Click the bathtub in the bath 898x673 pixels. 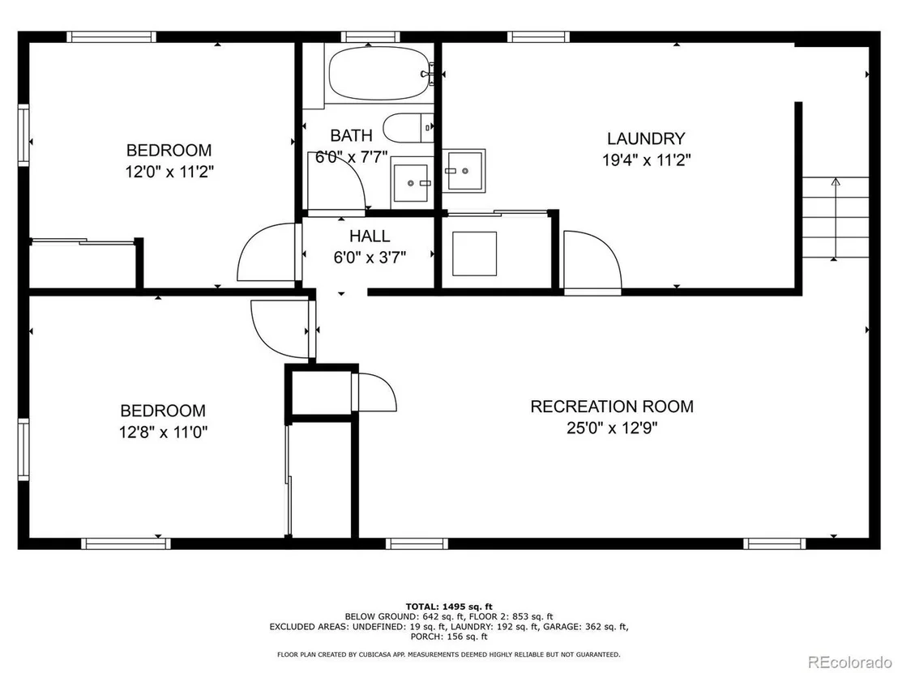pyautogui.click(x=378, y=74)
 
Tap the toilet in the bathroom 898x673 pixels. pyautogui.click(x=408, y=128)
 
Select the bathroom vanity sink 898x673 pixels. pyautogui.click(x=412, y=183)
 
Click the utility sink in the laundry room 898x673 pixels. pyautogui.click(x=464, y=171)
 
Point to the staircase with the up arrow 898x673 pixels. pyautogui.click(x=836, y=218)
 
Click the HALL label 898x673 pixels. pyautogui.click(x=370, y=236)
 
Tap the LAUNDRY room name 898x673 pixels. pyautogui.click(x=646, y=138)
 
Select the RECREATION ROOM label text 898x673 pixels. pyautogui.click(x=612, y=407)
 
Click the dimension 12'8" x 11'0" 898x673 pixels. pyautogui.click(x=163, y=432)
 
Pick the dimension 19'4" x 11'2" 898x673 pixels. pyautogui.click(x=646, y=160)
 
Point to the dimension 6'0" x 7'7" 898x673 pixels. pyautogui.click(x=352, y=157)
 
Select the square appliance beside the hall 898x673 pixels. pyautogui.click(x=474, y=253)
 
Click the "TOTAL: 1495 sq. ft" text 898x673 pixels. pyautogui.click(x=449, y=607)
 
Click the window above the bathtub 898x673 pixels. pyautogui.click(x=370, y=37)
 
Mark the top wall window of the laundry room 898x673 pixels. pyautogui.click(x=538, y=37)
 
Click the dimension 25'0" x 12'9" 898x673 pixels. pyautogui.click(x=612, y=428)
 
